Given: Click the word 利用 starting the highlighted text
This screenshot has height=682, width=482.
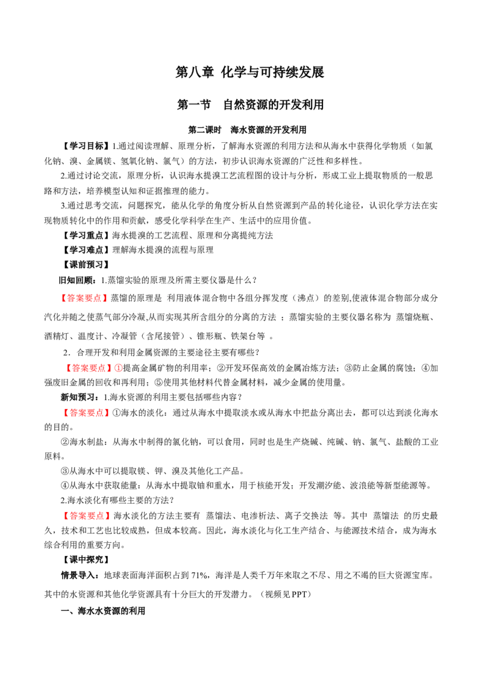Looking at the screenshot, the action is [175, 298].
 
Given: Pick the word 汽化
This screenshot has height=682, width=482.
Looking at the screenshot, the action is [52, 318].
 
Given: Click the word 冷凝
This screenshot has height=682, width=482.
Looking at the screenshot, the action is [138, 318].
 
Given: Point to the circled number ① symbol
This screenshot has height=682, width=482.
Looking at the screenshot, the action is [118, 368].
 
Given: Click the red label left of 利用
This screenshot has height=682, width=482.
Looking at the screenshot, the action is [85, 298].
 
